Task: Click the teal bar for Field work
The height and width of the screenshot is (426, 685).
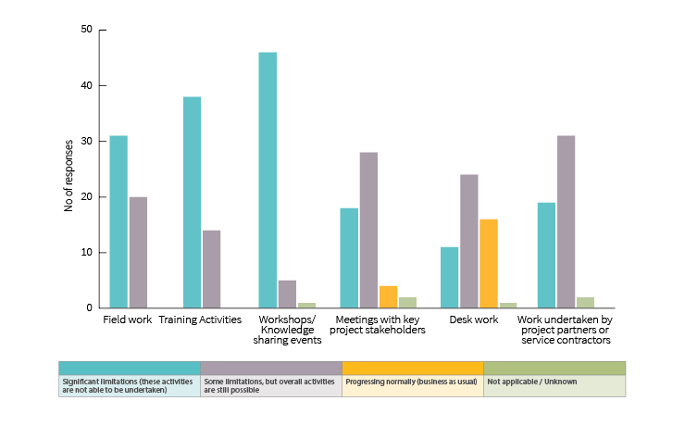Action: [x=118, y=221]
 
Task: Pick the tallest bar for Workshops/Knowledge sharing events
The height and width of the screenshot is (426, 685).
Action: [x=267, y=180]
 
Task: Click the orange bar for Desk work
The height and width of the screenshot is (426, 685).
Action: [x=489, y=263]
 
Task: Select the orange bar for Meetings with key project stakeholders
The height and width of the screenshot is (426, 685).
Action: [x=388, y=296]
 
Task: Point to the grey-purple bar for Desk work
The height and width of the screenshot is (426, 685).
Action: [x=469, y=241]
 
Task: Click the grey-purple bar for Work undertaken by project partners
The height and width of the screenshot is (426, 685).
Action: [x=566, y=221]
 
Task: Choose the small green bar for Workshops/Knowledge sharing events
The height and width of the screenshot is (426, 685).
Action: [x=306, y=305]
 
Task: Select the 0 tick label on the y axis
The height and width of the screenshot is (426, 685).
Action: [x=89, y=307]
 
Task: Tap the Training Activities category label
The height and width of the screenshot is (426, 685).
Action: [x=200, y=319]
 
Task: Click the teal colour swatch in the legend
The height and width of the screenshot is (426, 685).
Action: [x=129, y=368]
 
